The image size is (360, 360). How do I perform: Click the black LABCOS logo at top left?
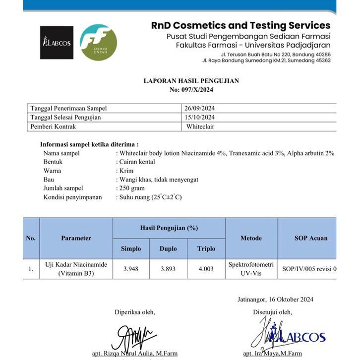click(57, 43)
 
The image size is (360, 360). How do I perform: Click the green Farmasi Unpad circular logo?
click(98, 43)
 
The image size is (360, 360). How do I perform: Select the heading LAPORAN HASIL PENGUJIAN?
click(191, 81)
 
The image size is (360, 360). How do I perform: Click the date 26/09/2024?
click(200, 109)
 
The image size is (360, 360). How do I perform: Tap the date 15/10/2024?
click(200, 118)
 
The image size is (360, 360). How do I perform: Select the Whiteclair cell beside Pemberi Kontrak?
click(200, 126)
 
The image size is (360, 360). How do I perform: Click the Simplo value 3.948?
click(131, 269)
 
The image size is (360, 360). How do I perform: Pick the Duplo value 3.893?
click(169, 269)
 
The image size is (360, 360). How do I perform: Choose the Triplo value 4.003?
click(206, 269)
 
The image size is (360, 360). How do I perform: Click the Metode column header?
click(251, 238)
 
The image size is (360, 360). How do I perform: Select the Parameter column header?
click(76, 238)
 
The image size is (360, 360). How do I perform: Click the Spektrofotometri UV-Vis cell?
click(251, 269)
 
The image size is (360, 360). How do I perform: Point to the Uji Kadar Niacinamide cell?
click(76, 269)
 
